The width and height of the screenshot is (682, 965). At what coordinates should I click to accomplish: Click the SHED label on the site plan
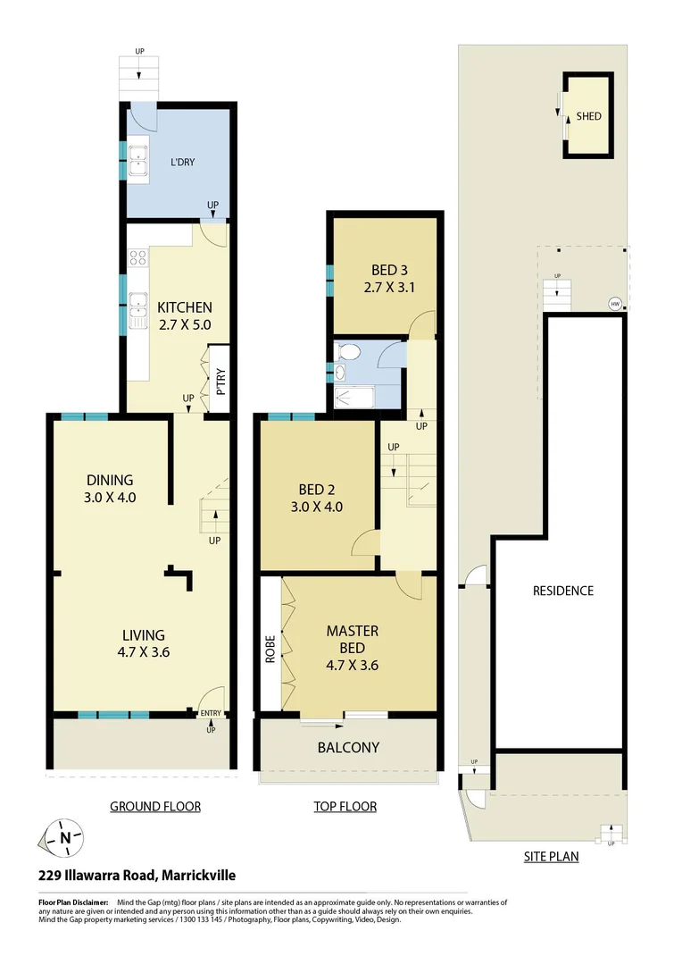click(588, 116)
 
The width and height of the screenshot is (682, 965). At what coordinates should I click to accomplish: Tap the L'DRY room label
click(182, 162)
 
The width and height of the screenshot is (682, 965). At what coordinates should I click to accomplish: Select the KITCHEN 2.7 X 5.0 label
click(185, 315)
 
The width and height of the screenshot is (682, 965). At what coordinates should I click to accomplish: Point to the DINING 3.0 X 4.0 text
click(111, 489)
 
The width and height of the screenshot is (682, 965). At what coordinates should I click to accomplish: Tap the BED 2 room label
click(316, 498)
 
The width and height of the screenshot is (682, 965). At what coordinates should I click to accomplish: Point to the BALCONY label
click(348, 747)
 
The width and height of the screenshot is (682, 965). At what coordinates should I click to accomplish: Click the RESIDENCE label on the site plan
click(562, 591)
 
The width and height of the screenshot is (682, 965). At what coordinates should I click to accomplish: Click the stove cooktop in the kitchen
click(138, 258)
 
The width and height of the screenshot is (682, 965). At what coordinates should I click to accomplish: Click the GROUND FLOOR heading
click(155, 806)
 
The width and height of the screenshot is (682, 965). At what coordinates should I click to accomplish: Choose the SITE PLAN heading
click(551, 856)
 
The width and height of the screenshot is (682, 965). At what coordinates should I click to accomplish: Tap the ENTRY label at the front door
click(212, 713)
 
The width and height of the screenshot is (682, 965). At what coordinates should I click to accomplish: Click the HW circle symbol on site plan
click(614, 304)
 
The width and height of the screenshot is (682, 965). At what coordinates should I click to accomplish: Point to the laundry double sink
click(138, 161)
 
